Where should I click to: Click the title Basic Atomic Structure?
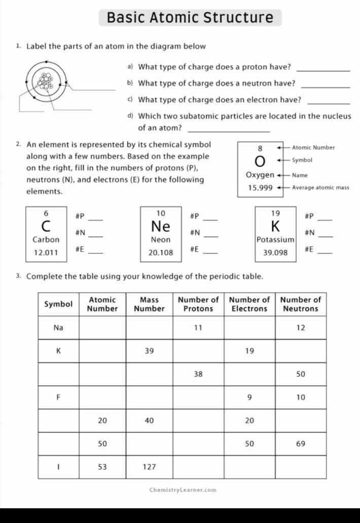pos(190,18)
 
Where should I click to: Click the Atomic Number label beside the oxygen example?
pos(313,148)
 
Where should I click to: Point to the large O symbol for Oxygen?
pos(260,161)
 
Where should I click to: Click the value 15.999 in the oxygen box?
pos(260,188)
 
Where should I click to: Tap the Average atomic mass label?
pos(320,188)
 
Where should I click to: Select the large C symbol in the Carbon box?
pos(46,225)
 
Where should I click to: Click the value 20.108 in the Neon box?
pos(161,252)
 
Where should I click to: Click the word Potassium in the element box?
pos(275,239)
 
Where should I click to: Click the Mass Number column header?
pos(149,304)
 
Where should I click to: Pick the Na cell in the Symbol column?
pos(58,328)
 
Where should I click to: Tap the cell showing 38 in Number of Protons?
pos(198,374)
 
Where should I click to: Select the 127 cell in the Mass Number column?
pos(149,467)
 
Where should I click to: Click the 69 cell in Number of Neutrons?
pos(301,444)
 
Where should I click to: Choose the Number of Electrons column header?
pos(249,304)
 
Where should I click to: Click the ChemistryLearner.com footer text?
pos(183,490)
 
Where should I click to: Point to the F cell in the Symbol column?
pos(58,397)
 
